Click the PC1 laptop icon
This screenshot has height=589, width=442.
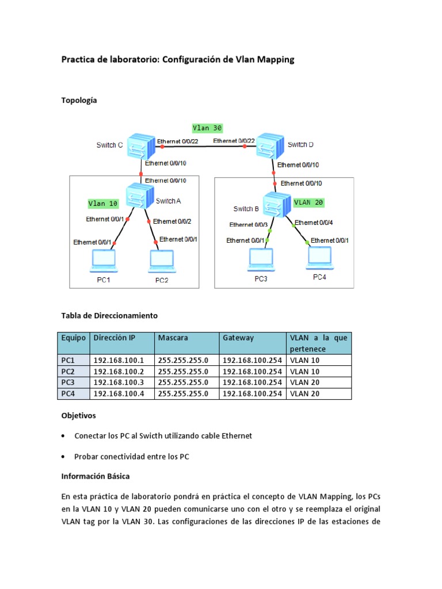tap(104, 261)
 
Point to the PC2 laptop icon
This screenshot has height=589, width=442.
tap(162, 261)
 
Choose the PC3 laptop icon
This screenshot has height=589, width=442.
tap(261, 259)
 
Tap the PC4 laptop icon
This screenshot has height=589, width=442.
tap(319, 258)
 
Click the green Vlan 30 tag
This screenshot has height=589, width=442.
tap(207, 128)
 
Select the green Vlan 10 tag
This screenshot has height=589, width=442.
tap(103, 203)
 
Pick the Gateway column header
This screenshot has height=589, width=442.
tap(238, 338)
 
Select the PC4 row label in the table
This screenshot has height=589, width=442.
tap(68, 394)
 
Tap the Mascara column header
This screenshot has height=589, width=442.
tap(173, 338)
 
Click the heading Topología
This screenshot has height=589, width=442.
tap(79, 100)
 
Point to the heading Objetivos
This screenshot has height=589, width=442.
tap(79, 415)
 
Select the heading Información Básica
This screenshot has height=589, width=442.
tap(96, 476)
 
